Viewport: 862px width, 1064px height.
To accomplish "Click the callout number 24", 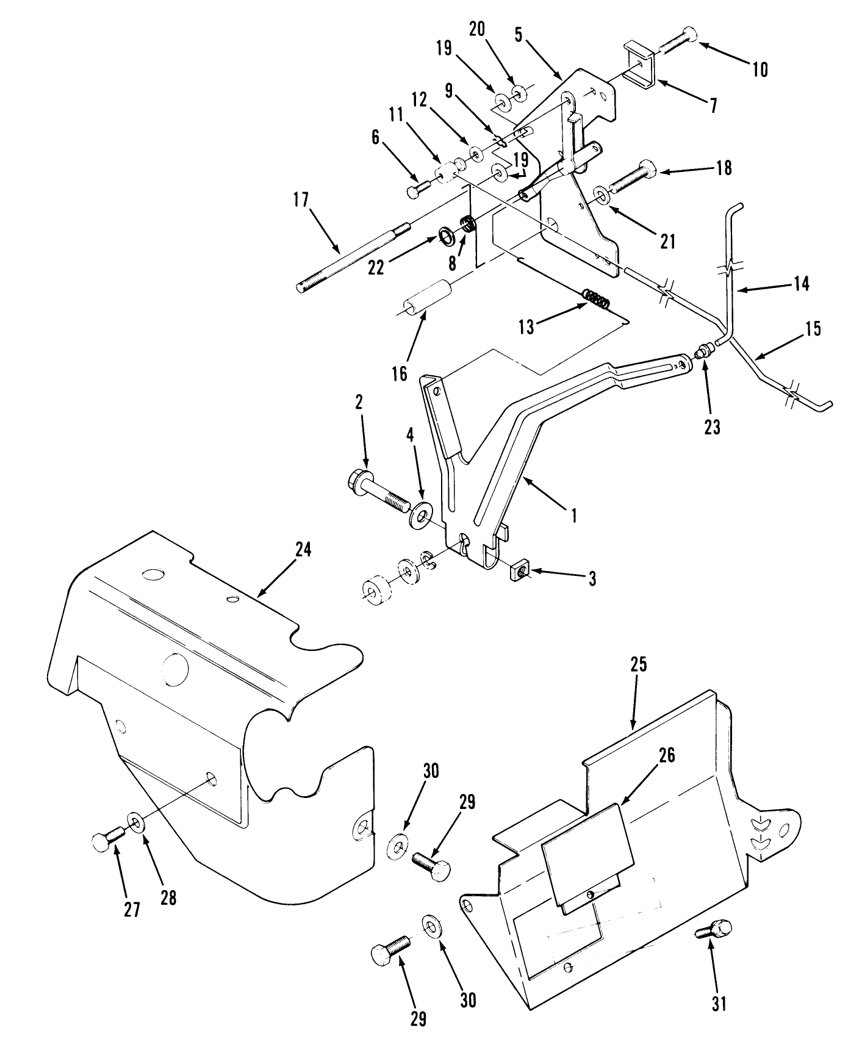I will click(x=303, y=549).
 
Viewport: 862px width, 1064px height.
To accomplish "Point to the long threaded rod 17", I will click(x=351, y=257).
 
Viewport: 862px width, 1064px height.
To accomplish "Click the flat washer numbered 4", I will click(x=420, y=516).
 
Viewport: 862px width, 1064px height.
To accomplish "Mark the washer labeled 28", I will click(x=135, y=824).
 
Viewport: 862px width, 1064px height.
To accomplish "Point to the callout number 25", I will click(x=638, y=664).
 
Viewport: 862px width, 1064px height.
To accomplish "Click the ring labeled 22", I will click(x=447, y=234).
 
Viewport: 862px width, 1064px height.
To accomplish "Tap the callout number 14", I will click(x=801, y=283).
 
